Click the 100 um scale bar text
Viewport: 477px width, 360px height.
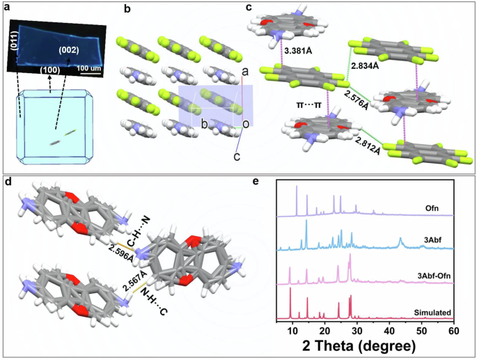[x=87, y=68]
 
